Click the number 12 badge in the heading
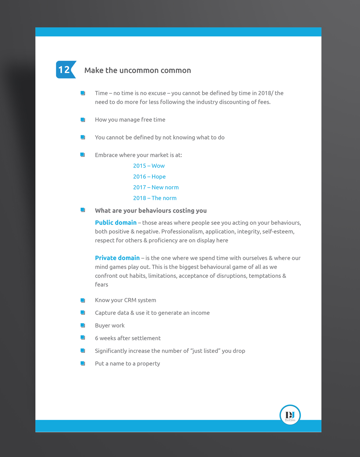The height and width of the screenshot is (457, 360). (x=65, y=70)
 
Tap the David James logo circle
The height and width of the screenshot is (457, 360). (x=290, y=415)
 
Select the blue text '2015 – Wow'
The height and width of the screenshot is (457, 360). (x=149, y=166)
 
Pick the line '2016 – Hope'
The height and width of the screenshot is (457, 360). (x=149, y=177)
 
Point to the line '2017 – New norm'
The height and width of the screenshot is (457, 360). (x=156, y=187)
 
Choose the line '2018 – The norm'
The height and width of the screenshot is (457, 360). (x=155, y=198)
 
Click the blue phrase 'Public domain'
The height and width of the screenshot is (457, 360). (x=116, y=223)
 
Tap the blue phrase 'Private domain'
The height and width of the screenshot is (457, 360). (x=117, y=258)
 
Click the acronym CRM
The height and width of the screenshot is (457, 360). (x=130, y=300)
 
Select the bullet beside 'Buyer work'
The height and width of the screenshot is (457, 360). (x=83, y=325)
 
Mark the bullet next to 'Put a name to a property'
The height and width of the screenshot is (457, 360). (x=83, y=363)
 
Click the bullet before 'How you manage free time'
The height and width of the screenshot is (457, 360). (x=83, y=120)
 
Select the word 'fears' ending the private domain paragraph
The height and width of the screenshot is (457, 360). (x=101, y=285)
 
